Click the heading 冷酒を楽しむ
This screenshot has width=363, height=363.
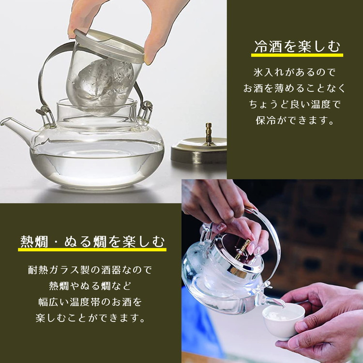297,46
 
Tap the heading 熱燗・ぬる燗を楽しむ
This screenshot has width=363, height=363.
92,242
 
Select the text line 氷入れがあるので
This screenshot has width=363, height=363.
294,73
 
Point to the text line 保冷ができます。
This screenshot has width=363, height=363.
294,121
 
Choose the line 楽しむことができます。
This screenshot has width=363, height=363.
90,318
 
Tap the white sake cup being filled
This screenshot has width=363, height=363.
283,322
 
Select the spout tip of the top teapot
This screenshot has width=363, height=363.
3,121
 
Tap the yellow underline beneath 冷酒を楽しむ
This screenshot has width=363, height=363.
297,55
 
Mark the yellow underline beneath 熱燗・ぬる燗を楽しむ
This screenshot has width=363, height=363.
92,250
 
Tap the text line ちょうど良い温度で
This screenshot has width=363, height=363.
294,105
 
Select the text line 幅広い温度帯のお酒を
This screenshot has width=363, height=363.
90,302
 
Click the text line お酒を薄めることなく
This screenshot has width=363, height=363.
294,89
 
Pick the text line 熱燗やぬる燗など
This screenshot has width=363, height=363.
90,286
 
